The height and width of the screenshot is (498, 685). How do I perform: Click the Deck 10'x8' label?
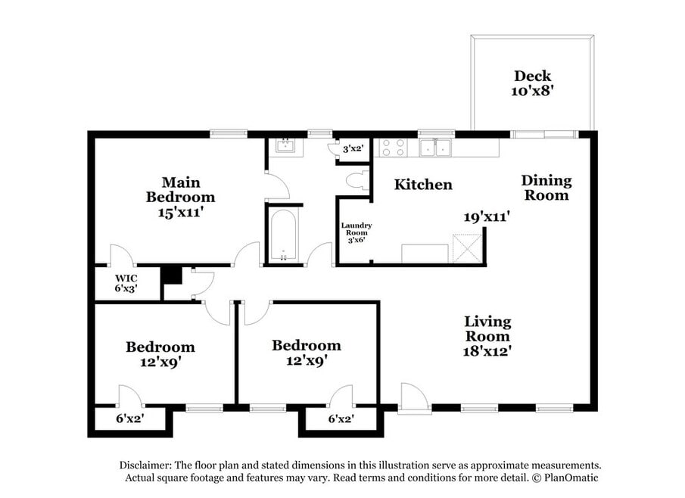point(532,83)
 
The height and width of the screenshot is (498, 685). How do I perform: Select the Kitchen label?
point(423,185)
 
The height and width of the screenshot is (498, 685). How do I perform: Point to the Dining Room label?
point(546,188)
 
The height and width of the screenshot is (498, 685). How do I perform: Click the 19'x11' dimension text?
point(487,216)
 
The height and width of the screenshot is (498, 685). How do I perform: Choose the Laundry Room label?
point(356,229)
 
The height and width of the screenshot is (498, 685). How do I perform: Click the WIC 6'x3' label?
point(126,283)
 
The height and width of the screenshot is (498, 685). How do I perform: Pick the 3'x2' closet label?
point(353,148)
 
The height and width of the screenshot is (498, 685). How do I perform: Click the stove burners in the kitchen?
point(393,148)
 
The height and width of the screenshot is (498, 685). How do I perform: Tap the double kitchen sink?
point(435,148)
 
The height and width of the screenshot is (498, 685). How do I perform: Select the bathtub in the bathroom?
point(284,235)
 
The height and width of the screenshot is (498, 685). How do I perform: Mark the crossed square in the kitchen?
point(467,248)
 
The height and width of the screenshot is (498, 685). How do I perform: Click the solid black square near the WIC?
point(172,275)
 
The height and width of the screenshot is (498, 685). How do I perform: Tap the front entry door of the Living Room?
point(414,397)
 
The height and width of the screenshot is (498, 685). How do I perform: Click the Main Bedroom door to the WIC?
point(122,255)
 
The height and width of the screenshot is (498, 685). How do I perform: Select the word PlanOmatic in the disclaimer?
point(571,478)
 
